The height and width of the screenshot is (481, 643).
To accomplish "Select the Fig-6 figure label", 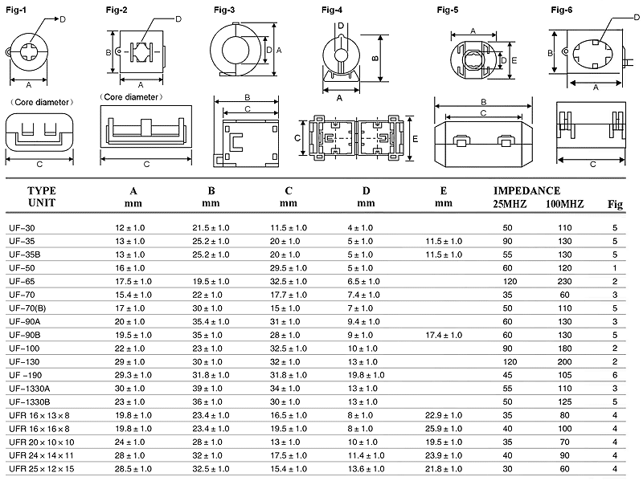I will point(561,9).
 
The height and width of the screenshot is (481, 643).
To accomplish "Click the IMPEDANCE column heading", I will point(526,191).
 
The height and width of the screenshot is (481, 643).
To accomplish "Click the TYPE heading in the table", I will point(42,191).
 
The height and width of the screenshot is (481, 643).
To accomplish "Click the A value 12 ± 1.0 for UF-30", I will point(130,228).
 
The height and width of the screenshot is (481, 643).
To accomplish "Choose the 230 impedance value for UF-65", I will point(565,281).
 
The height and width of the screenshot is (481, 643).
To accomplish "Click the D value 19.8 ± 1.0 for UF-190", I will point(367,374).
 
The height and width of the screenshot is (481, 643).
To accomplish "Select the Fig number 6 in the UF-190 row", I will point(614,374).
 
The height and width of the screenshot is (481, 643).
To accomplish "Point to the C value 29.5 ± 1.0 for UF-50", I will point(289,267).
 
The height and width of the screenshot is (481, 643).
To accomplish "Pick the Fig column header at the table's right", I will point(615,204).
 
